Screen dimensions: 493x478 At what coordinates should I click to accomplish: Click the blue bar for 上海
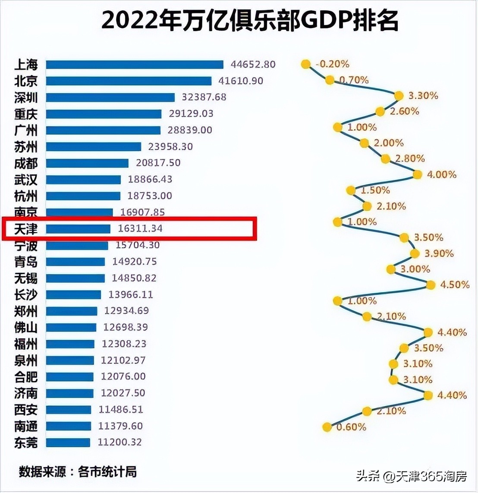[x=135, y=65]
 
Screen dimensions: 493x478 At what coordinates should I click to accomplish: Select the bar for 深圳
[x=110, y=98]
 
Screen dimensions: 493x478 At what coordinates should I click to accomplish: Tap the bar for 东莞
[x=68, y=442]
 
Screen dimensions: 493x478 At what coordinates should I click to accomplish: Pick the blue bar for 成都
[x=87, y=163]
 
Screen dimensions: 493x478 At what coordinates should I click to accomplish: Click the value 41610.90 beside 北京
[x=241, y=81]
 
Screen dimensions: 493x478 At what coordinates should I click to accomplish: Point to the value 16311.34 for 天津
[x=140, y=228]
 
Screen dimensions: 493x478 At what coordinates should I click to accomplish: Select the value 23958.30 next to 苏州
[x=170, y=146]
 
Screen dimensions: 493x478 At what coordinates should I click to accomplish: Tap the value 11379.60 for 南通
[x=120, y=426]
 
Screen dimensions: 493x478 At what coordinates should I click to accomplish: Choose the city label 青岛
[x=26, y=262]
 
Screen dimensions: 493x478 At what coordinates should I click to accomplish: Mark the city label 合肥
[x=26, y=377]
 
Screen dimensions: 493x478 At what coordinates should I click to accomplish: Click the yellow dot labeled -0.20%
[x=305, y=64]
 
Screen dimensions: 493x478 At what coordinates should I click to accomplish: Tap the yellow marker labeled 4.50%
[x=431, y=285]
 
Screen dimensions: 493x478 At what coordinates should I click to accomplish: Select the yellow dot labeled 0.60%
[x=327, y=427]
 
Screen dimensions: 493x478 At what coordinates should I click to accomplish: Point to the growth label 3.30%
[x=423, y=95]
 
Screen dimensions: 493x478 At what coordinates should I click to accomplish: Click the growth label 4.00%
[x=441, y=174]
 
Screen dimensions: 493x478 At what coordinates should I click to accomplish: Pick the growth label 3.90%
[x=439, y=253]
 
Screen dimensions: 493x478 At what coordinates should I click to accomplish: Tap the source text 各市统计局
[x=107, y=472]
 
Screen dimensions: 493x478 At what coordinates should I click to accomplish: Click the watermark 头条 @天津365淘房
[x=411, y=477]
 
